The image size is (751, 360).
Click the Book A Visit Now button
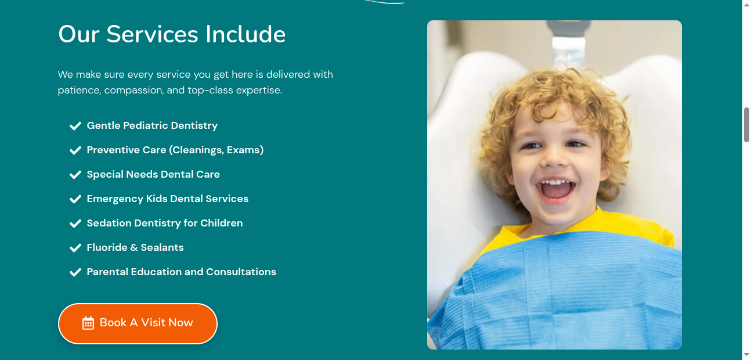tap(138, 323)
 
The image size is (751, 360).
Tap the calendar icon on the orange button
tap(88, 323)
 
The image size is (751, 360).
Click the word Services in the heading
tap(153, 34)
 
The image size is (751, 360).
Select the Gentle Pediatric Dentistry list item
tap(152, 125)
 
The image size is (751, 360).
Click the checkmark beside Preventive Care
tap(75, 150)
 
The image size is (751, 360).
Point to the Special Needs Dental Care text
tap(153, 174)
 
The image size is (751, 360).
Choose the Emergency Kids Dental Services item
tap(167, 199)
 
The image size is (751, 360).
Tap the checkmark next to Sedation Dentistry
tap(75, 224)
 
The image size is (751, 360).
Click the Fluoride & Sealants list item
tap(135, 247)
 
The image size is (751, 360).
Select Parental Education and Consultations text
tap(181, 272)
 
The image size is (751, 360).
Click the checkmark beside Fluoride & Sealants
tap(75, 248)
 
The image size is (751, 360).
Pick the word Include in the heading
tap(245, 34)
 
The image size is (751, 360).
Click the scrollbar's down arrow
tap(746, 355)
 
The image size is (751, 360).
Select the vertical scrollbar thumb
tap(746, 124)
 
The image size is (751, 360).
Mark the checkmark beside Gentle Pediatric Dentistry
tap(75, 126)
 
